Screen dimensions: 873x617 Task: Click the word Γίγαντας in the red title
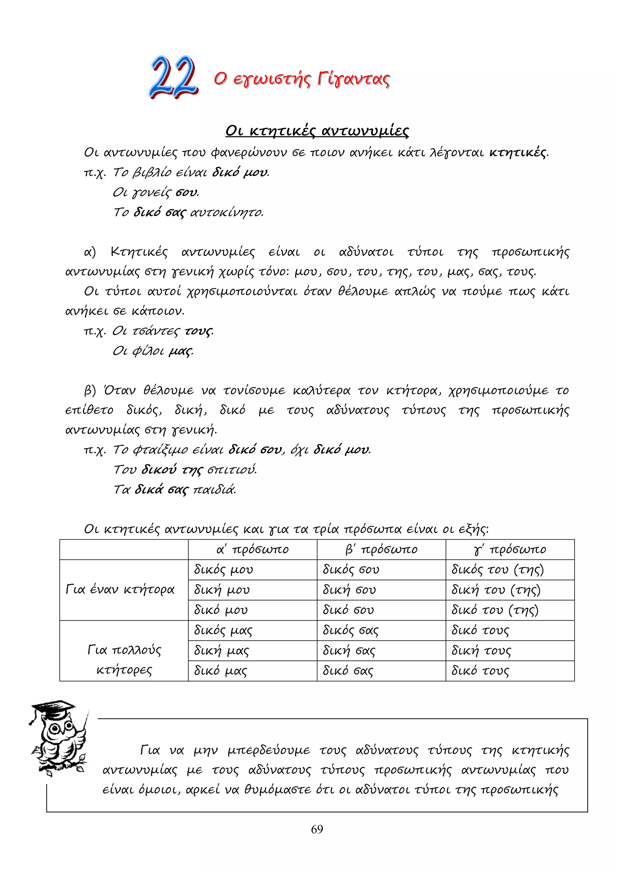353,79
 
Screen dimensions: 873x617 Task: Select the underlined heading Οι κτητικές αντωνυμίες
317,131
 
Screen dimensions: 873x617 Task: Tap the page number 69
317,829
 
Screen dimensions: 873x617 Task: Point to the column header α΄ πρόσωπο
253,550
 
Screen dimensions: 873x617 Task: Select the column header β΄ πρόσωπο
381,550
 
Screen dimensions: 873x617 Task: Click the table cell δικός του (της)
498,569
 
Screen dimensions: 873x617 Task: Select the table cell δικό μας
220,671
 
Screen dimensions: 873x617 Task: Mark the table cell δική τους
481,651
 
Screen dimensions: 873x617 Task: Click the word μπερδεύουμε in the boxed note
269,750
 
